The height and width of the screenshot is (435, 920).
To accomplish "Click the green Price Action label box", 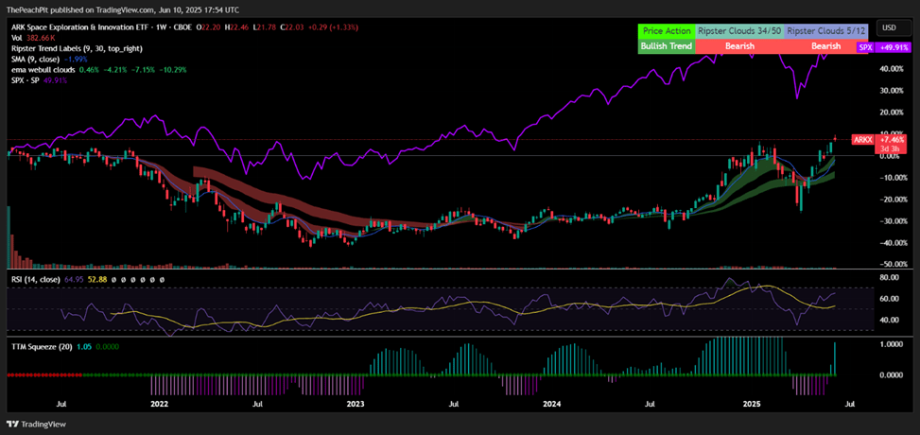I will [x=667, y=31].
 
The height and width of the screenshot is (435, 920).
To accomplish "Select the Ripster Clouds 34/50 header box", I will [x=740, y=31].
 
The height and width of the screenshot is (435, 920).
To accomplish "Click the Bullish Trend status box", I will [x=667, y=45].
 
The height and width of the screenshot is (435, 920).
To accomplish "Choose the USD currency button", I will [x=890, y=28].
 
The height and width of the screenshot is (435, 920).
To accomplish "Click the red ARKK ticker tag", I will [x=863, y=139].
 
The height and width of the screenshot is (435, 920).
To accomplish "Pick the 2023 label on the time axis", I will [x=356, y=404].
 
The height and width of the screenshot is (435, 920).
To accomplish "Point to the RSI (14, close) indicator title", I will [x=36, y=280].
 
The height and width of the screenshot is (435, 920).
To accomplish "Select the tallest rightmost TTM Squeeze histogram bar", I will [x=835, y=358].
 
